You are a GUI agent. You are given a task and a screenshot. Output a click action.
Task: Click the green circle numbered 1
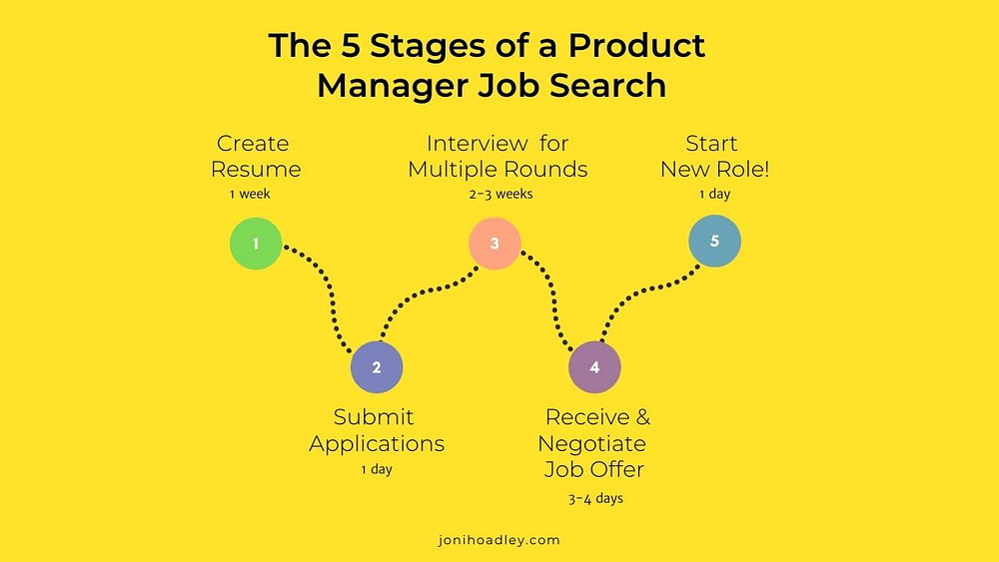click(x=256, y=244)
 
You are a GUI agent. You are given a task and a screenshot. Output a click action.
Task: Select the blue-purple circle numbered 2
click(x=377, y=367)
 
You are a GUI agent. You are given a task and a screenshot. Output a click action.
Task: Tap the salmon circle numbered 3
click(x=495, y=244)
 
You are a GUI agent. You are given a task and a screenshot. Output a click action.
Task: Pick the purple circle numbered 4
click(x=594, y=367)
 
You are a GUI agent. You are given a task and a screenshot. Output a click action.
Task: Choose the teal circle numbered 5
click(x=714, y=241)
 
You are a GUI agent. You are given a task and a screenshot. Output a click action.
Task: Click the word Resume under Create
click(x=256, y=170)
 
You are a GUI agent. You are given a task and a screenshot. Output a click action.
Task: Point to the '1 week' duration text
click(x=250, y=194)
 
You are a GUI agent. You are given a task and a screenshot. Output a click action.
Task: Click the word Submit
click(x=374, y=417)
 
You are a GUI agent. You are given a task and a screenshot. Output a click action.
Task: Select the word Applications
click(x=377, y=444)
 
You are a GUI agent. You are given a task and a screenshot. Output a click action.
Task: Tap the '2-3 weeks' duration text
click(x=500, y=194)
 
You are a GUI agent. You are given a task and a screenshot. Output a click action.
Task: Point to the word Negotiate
click(x=591, y=443)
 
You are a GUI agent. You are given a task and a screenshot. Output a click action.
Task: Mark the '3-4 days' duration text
click(x=595, y=498)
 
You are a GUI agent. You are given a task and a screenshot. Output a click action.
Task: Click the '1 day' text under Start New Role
click(x=715, y=194)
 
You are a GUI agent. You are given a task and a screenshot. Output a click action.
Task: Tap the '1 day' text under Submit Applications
click(x=377, y=470)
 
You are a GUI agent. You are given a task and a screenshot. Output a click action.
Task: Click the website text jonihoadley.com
click(x=499, y=540)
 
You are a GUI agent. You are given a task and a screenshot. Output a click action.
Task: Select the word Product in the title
click(x=636, y=45)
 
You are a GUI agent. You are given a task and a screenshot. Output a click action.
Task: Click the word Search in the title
click(x=607, y=85)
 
